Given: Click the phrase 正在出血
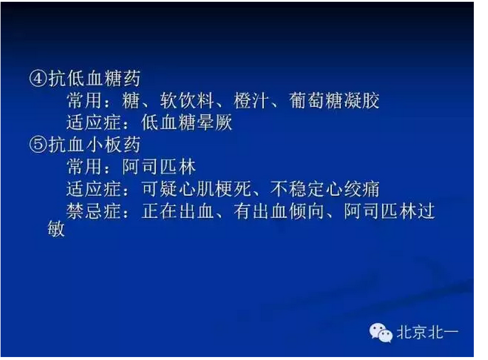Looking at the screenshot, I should coord(178,211).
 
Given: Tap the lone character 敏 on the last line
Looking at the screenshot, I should coord(56,230).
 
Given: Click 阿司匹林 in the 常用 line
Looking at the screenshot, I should coord(160,167).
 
